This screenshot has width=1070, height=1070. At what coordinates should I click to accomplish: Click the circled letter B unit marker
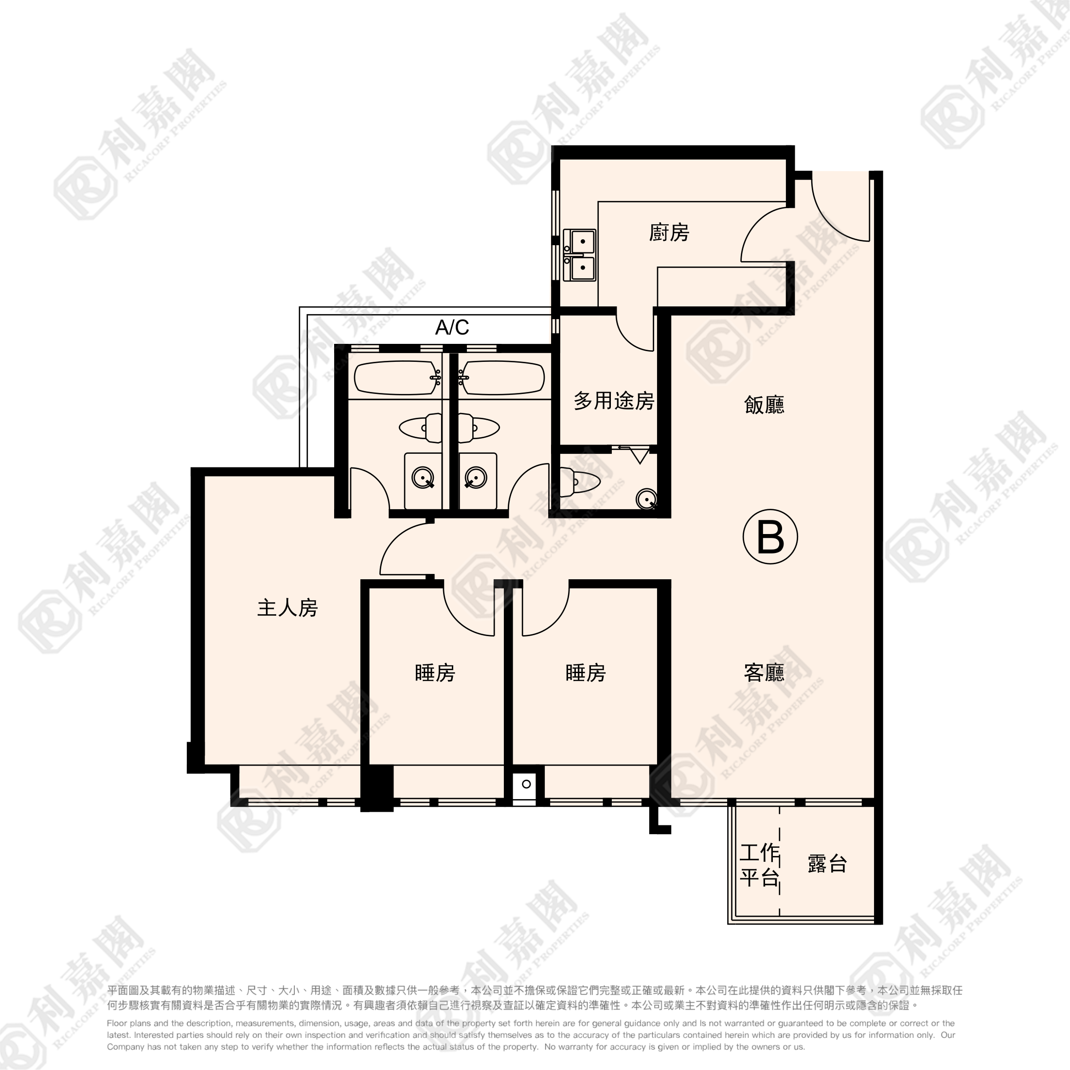pyautogui.click(x=770, y=536)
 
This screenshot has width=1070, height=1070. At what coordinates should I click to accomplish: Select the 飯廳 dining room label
pyautogui.click(x=764, y=405)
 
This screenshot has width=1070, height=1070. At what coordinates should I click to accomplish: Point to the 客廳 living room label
pyautogui.click(x=764, y=672)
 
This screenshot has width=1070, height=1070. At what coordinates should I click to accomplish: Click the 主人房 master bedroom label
pyautogui.click(x=287, y=607)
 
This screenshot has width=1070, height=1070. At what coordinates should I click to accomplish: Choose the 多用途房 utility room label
pyautogui.click(x=614, y=400)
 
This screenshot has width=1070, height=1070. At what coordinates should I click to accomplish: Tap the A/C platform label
pyautogui.click(x=452, y=327)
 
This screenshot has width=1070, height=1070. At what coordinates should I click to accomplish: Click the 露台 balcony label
pyautogui.click(x=827, y=863)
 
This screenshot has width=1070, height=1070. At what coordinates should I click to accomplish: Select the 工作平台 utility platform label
pyautogui.click(x=759, y=865)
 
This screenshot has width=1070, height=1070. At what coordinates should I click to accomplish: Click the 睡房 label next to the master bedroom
pyautogui.click(x=435, y=672)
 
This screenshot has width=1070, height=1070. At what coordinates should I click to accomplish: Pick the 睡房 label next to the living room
pyautogui.click(x=586, y=672)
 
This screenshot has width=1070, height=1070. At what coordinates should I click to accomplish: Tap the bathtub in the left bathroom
pyautogui.click(x=396, y=378)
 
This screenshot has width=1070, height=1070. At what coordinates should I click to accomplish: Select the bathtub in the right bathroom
pyautogui.click(x=502, y=378)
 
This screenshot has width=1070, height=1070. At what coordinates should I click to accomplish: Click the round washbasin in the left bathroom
pyautogui.click(x=423, y=478)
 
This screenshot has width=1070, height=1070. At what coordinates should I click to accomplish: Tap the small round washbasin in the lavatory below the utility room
pyautogui.click(x=646, y=499)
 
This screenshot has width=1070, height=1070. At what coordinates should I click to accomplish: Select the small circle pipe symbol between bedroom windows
pyautogui.click(x=526, y=784)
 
